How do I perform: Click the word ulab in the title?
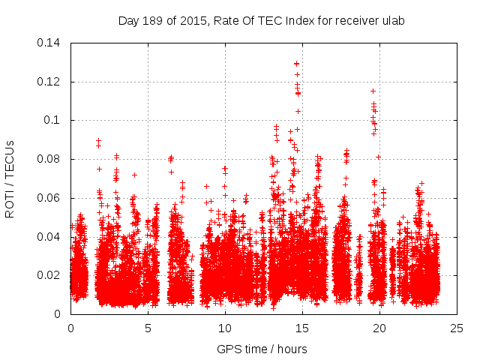pyautogui.click(x=393, y=21)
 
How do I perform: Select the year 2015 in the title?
pyautogui.click(x=192, y=21)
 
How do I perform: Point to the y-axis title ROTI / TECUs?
pyautogui.click(x=10, y=178)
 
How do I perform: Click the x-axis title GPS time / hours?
pyautogui.click(x=262, y=349)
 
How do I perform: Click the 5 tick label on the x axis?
pyautogui.click(x=148, y=328)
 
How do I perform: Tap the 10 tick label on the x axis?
pyautogui.click(x=225, y=328)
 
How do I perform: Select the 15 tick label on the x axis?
pyautogui.click(x=302, y=328)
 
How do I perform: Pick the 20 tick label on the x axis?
pyautogui.click(x=379, y=328)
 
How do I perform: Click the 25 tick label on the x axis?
pyautogui.click(x=457, y=328)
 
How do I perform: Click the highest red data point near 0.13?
pyautogui.click(x=297, y=64)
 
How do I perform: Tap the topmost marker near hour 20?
pyautogui.click(x=373, y=91)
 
